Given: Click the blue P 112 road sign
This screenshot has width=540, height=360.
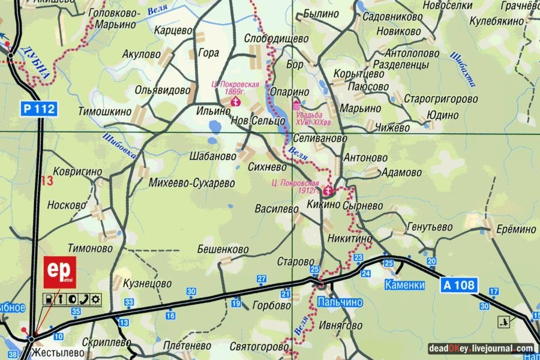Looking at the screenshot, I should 39,109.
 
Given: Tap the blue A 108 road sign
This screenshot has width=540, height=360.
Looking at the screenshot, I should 460,285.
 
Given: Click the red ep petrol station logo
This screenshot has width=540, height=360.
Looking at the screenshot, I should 61,272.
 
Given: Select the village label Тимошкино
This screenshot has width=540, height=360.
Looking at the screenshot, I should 104,112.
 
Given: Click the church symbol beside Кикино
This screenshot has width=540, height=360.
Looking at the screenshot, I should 328,192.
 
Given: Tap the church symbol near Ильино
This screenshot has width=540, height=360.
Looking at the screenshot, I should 235,103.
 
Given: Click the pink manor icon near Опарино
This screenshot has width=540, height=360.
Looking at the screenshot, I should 296,106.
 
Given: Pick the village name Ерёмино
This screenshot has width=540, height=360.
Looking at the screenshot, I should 515,229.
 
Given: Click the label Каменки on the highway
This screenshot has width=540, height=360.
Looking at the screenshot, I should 405,286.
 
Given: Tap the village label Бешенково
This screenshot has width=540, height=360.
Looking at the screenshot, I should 223,249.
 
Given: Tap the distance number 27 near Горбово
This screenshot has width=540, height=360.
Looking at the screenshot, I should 262,278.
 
